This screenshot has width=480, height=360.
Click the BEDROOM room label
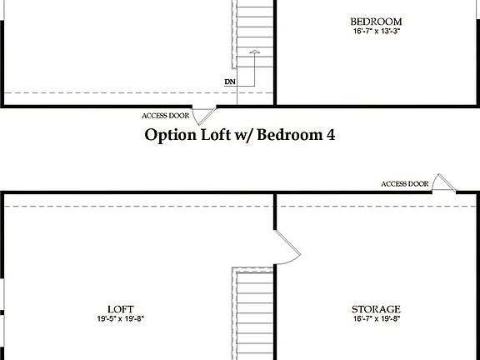click(376, 22)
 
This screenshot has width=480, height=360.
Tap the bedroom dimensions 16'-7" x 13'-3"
click(376, 32)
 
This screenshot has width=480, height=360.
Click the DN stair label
click(229, 82)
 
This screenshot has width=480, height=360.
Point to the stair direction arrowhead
click(255, 53)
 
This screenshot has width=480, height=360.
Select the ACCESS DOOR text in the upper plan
click(167, 115)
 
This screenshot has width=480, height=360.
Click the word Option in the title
click(169, 134)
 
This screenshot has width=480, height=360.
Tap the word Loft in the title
click(212, 134)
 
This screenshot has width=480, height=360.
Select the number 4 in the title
click(330, 134)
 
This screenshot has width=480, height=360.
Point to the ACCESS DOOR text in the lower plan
click(405, 183)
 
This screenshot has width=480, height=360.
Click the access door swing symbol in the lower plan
click(444, 185)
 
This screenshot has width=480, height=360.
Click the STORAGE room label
click(376, 308)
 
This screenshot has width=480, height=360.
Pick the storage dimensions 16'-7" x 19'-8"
click(376, 318)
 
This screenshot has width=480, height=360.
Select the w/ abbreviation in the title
click(242, 135)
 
